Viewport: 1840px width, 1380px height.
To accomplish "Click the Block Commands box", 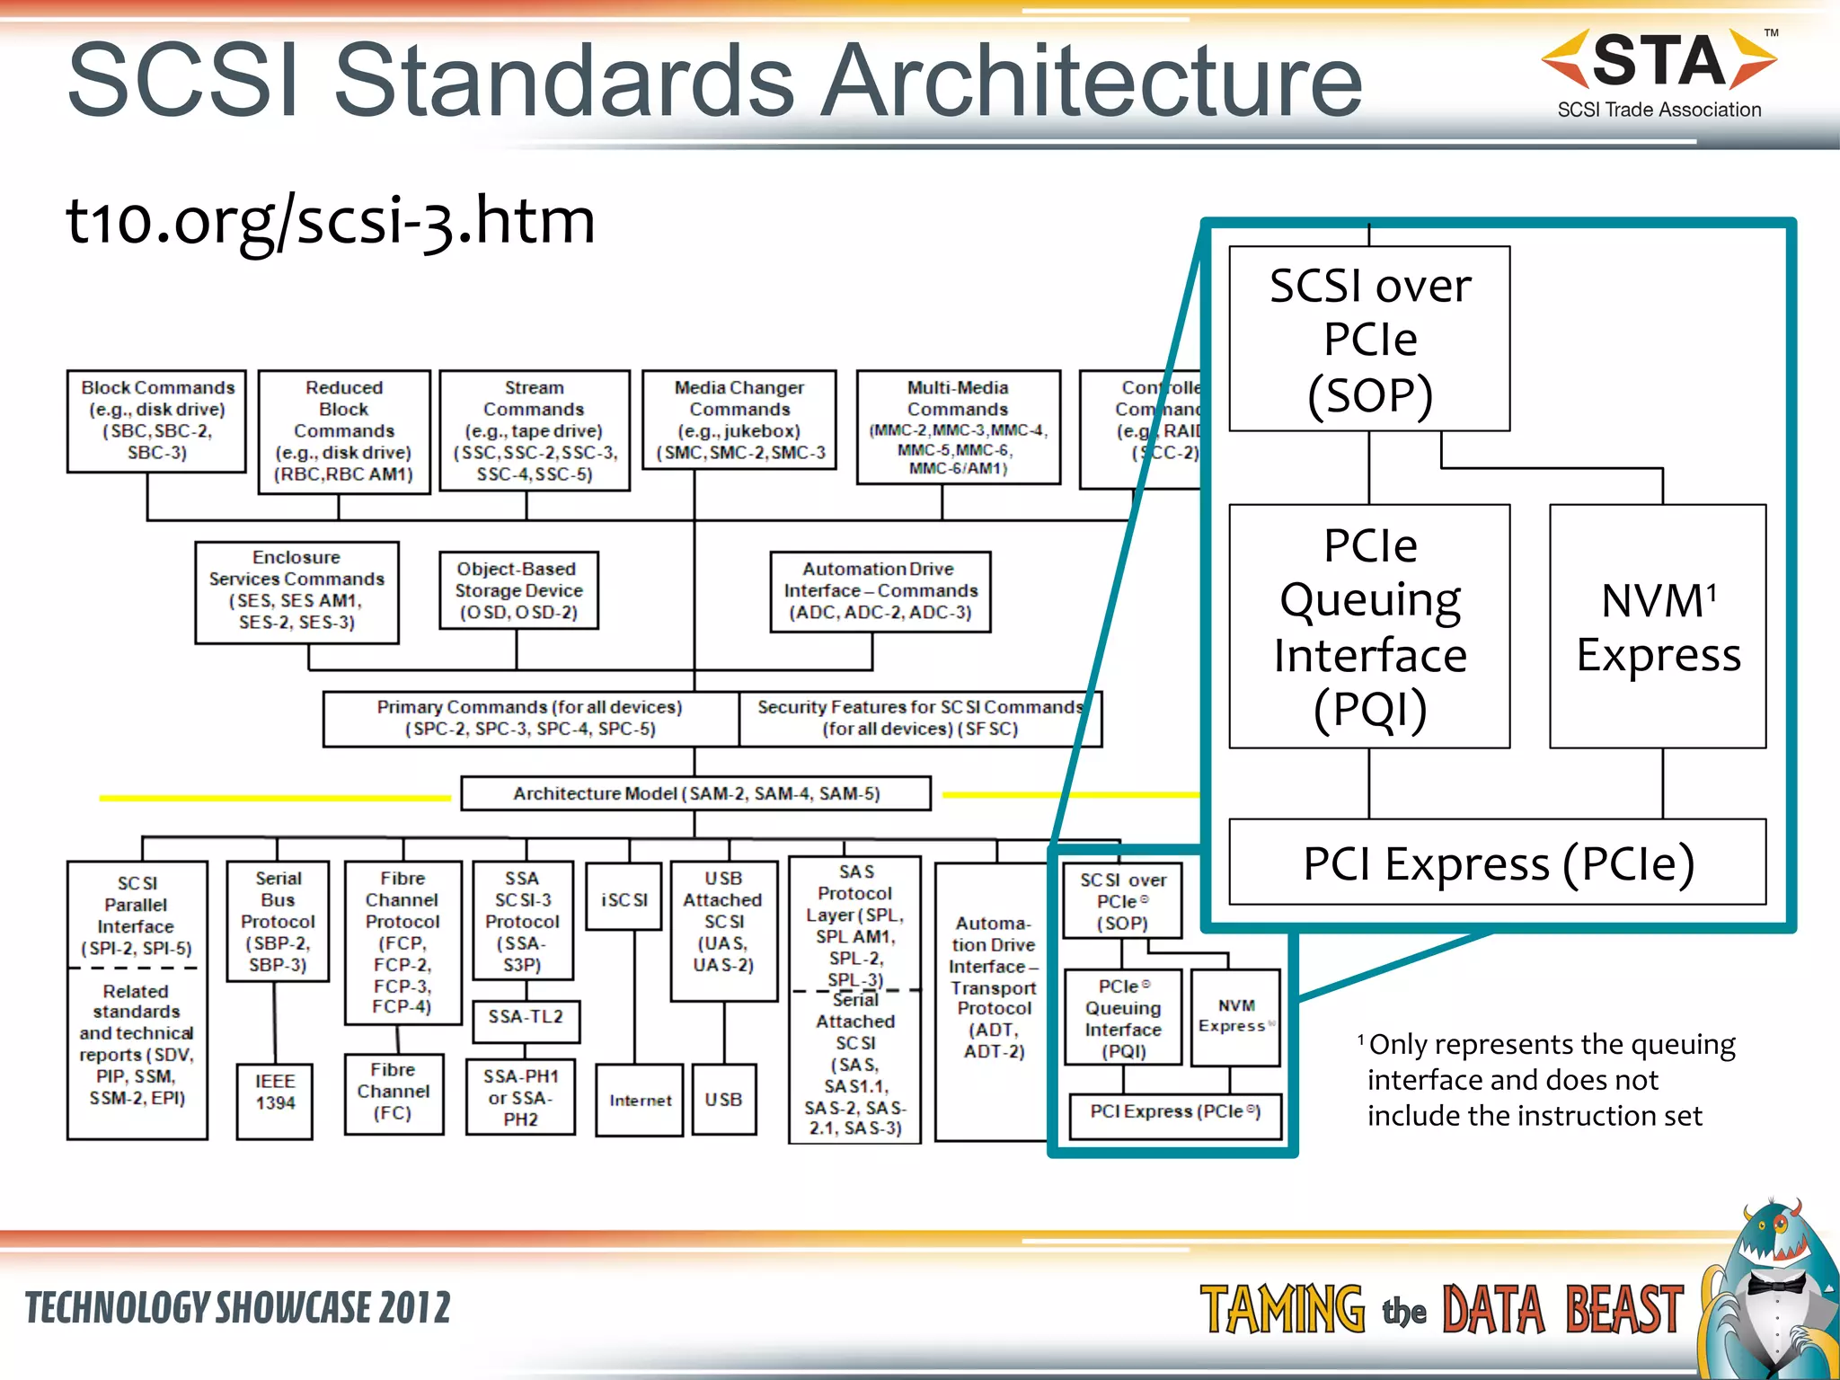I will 156,420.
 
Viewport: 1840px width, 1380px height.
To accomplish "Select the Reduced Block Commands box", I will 344,431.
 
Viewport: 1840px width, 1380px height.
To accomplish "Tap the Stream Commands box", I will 535,430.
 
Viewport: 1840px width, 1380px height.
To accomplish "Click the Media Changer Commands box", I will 739,420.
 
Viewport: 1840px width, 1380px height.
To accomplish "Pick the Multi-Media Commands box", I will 958,427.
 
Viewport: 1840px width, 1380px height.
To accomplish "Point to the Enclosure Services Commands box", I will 296,591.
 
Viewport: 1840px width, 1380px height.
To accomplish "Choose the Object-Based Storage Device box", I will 518,590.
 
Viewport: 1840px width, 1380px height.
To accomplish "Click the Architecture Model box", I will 695,793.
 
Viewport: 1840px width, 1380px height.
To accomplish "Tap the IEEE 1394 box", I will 275,1101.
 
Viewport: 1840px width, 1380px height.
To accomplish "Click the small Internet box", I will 640,1100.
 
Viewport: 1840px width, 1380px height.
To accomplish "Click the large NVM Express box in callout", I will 1658,626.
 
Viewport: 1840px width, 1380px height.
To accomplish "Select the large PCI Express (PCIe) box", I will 1497,862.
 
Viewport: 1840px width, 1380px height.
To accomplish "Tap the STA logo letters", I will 1659,60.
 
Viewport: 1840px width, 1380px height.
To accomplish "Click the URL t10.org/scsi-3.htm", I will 330,220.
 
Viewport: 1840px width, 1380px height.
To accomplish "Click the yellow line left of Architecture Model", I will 274,797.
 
